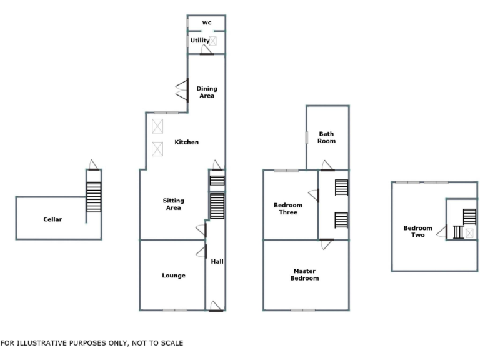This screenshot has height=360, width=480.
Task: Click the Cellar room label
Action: click(x=52, y=219)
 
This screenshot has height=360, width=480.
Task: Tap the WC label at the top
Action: click(x=206, y=22)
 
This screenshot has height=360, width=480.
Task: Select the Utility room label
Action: click(x=200, y=41)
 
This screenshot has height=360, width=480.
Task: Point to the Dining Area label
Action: click(x=207, y=92)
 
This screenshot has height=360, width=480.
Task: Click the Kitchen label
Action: click(x=186, y=142)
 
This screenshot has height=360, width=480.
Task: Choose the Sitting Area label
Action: click(x=173, y=204)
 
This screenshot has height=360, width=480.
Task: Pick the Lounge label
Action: click(x=173, y=275)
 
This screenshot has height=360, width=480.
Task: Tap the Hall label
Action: click(x=217, y=261)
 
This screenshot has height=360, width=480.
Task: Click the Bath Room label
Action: click(x=327, y=137)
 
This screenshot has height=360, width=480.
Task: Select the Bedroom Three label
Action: click(x=288, y=209)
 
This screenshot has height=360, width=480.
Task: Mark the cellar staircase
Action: click(x=93, y=197)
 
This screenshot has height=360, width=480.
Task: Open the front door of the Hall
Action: click(x=216, y=306)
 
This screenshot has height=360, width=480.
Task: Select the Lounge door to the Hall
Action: click(x=201, y=251)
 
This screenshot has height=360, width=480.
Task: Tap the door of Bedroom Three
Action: click(x=313, y=196)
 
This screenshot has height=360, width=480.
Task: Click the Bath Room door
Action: click(x=327, y=166)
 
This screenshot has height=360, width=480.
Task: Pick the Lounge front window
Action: click(x=175, y=310)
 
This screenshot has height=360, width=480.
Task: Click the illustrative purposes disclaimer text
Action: click(x=92, y=343)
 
